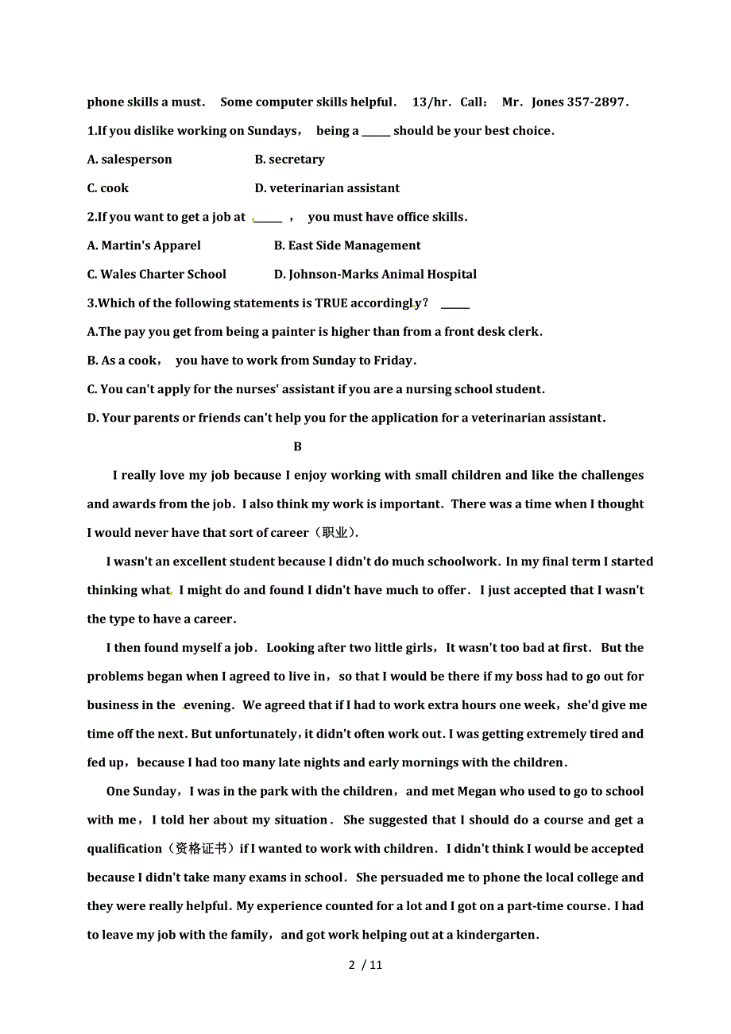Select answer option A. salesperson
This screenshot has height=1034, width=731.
pos(130,160)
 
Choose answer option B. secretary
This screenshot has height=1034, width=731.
pos(289,160)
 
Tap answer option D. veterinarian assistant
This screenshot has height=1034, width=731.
pos(327,188)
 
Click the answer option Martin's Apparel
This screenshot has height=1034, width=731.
pos(144,246)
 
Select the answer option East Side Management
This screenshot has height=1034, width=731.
pos(347,246)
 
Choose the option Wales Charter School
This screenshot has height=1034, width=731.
pos(157,275)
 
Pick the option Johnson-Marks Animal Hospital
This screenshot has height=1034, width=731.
pos(375,275)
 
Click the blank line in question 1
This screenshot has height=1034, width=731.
pos(376,133)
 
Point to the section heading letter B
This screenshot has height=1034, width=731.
pos(297,447)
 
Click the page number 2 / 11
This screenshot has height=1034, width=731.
pos(365,965)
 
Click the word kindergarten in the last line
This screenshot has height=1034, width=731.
pos(497,936)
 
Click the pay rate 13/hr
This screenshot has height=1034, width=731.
pos(431,102)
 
